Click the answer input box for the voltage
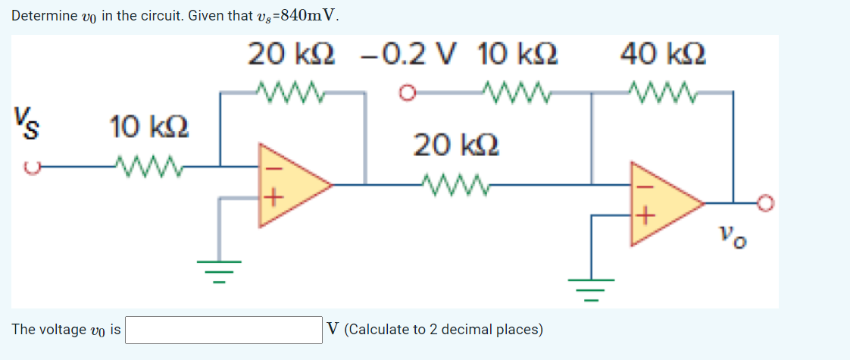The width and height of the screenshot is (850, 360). click(224, 330)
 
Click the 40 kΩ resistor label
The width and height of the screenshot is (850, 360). click(663, 54)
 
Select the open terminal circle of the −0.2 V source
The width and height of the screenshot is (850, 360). click(408, 94)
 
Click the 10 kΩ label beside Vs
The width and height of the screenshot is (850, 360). click(149, 127)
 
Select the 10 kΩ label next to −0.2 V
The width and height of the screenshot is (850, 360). click(519, 54)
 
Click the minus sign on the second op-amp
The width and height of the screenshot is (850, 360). click(642, 185)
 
